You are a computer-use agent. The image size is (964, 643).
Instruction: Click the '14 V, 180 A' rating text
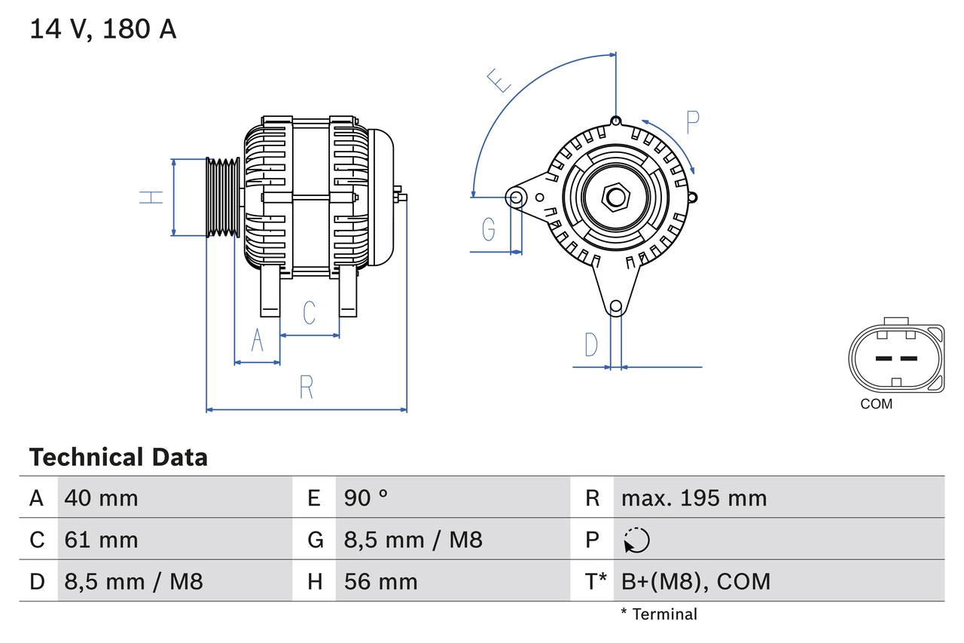tap(103, 29)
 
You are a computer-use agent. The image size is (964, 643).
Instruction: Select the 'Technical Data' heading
tap(118, 458)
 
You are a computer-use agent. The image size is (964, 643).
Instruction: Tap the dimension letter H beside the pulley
tap(151, 197)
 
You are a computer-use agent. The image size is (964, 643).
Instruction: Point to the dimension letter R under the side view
tap(306, 387)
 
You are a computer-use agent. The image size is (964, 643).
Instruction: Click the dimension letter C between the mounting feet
tap(309, 312)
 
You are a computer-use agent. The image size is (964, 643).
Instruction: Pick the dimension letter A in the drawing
tap(258, 341)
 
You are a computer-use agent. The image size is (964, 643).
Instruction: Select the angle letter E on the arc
tap(499, 80)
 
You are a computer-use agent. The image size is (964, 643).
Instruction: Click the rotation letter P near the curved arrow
tap(693, 122)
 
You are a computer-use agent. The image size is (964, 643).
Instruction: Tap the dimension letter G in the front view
tap(488, 228)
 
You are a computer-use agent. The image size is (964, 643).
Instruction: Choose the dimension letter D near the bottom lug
tap(591, 344)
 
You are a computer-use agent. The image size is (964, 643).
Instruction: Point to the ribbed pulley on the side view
tap(223, 197)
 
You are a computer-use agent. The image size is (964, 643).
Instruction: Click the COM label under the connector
tap(876, 404)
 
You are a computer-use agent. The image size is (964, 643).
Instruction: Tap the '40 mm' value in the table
tap(102, 498)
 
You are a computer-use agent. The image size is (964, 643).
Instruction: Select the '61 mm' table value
tap(102, 540)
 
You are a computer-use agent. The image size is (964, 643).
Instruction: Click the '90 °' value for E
tap(366, 498)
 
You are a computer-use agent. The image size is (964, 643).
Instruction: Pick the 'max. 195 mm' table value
tap(694, 498)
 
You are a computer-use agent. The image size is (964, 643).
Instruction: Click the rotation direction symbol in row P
tap(636, 540)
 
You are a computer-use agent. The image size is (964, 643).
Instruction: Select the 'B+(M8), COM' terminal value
tap(696, 581)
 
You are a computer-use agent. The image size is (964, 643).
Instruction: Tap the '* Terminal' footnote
tap(659, 614)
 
